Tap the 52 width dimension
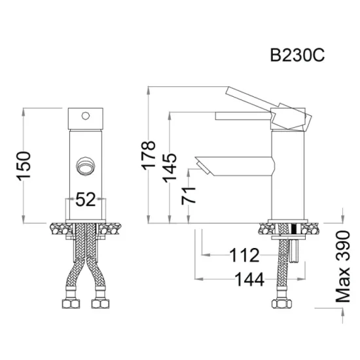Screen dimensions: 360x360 85,200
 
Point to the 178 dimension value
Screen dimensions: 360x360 149,154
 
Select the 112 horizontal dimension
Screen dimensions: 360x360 244,254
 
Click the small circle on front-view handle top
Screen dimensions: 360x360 84,117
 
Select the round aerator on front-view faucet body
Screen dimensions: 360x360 84,166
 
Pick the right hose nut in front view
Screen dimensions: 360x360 100,305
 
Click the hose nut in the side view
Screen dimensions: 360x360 281,305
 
